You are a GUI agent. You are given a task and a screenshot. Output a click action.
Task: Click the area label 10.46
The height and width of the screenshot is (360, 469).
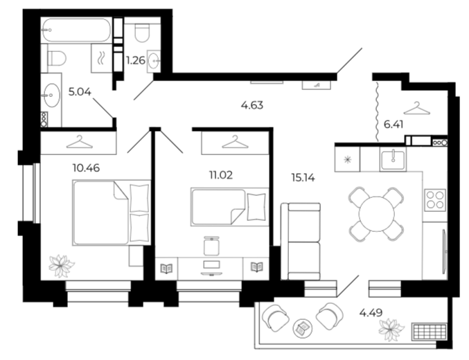click(86, 168)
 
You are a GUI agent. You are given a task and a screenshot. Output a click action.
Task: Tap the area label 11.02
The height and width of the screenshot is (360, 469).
click(221, 175)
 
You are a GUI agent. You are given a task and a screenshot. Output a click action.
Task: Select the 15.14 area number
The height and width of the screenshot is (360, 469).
click(303, 178)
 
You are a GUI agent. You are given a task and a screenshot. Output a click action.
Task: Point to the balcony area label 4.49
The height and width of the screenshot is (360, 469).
click(371, 313)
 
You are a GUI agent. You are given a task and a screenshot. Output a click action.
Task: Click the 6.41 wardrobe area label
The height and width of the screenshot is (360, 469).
click(393, 124)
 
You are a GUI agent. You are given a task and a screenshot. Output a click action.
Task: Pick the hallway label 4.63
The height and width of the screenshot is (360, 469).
click(252, 105)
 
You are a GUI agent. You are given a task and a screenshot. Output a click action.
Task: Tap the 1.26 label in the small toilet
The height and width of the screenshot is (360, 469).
click(136, 61)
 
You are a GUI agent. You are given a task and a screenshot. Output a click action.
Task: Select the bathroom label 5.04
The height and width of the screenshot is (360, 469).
click(80, 92)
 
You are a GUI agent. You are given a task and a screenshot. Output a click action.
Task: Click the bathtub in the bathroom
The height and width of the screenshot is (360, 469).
click(76, 30)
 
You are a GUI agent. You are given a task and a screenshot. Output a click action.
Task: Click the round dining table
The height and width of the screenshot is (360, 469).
click(377, 214)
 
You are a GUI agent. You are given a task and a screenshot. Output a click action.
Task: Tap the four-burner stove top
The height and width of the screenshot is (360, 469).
click(435, 200)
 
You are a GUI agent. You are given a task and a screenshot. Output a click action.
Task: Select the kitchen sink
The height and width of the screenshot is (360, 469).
click(393, 159)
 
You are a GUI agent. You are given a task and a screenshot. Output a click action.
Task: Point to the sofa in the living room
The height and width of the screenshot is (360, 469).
click(301, 242)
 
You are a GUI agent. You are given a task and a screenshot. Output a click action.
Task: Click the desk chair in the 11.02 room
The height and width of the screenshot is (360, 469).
click(211, 246)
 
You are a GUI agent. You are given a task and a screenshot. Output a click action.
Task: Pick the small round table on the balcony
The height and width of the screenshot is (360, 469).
click(303, 328)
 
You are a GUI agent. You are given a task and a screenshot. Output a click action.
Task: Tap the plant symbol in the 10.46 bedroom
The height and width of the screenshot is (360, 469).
click(62, 266)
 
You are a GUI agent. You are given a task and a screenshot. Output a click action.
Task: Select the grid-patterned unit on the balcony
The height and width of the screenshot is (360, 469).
click(429, 332)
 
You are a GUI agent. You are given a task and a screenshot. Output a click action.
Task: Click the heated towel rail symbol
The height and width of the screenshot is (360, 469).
click(101, 58)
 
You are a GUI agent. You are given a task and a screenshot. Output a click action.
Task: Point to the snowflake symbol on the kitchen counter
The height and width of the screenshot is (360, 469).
click(347, 160)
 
